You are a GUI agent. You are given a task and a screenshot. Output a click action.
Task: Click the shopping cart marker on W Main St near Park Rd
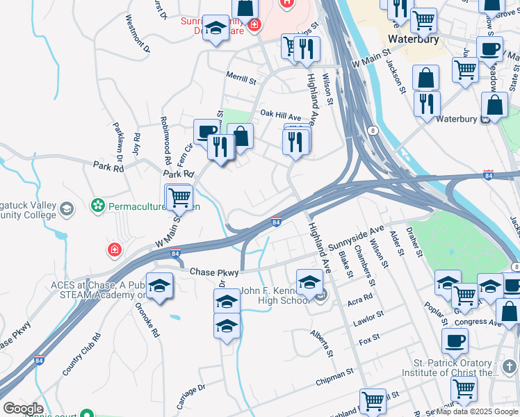pos(179,197)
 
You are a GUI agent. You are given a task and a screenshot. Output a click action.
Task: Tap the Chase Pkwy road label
pos(214,272)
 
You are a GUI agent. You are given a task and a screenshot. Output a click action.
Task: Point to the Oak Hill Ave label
pos(280,114)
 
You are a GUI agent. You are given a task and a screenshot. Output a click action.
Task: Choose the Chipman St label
pos(335,375)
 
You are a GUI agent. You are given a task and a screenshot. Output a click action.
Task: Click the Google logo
pos(22,409)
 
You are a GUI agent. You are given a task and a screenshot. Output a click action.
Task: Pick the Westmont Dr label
pos(137,35)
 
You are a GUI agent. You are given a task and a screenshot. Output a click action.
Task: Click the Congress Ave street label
pos(479,323)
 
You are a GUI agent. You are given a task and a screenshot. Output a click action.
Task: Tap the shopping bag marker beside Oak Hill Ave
pos(241,136)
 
